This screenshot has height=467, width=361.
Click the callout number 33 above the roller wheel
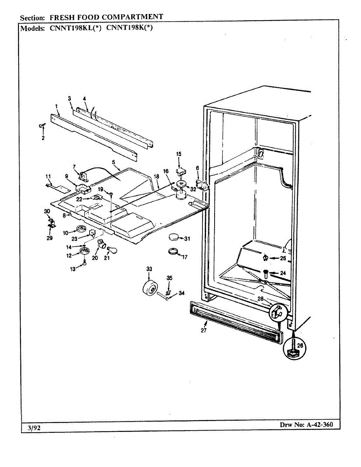pyautogui.click(x=149, y=269)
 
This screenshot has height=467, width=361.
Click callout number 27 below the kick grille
pyautogui.click(x=204, y=330)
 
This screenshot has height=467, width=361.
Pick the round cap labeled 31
pyautogui.click(x=174, y=237)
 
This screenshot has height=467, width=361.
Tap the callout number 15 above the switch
pyautogui.click(x=179, y=154)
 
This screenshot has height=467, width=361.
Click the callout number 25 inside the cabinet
pyautogui.click(x=283, y=258)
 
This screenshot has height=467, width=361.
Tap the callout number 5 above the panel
pyautogui.click(x=113, y=162)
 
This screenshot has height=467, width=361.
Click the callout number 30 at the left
pyautogui.click(x=47, y=211)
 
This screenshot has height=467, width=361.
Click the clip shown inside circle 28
pyautogui.click(x=278, y=311)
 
